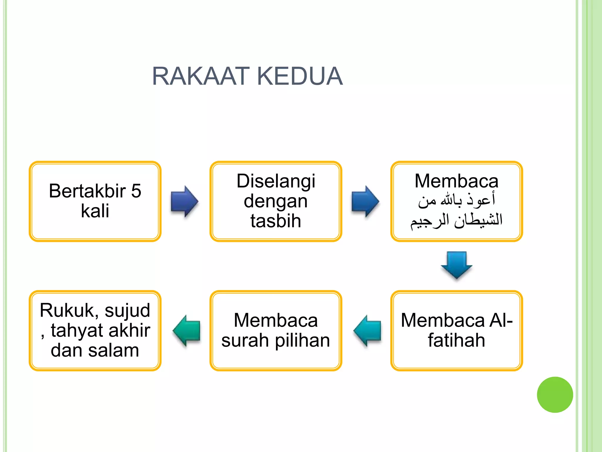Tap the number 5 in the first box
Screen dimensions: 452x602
[x=136, y=191]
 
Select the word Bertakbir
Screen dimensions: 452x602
[x=87, y=191]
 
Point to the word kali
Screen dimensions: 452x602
[x=95, y=211]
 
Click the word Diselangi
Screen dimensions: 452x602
[x=276, y=181]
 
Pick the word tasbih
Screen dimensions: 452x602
[x=276, y=221]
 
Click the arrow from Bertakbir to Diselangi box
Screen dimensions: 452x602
[x=185, y=202]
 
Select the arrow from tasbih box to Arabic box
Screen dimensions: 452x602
[x=365, y=202]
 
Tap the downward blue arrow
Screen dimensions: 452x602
[x=456, y=265]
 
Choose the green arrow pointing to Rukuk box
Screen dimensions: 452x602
[x=187, y=330]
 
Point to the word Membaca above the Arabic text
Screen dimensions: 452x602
[x=456, y=181]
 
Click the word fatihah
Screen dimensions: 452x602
[x=456, y=340]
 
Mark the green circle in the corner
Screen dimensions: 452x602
[x=555, y=395]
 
